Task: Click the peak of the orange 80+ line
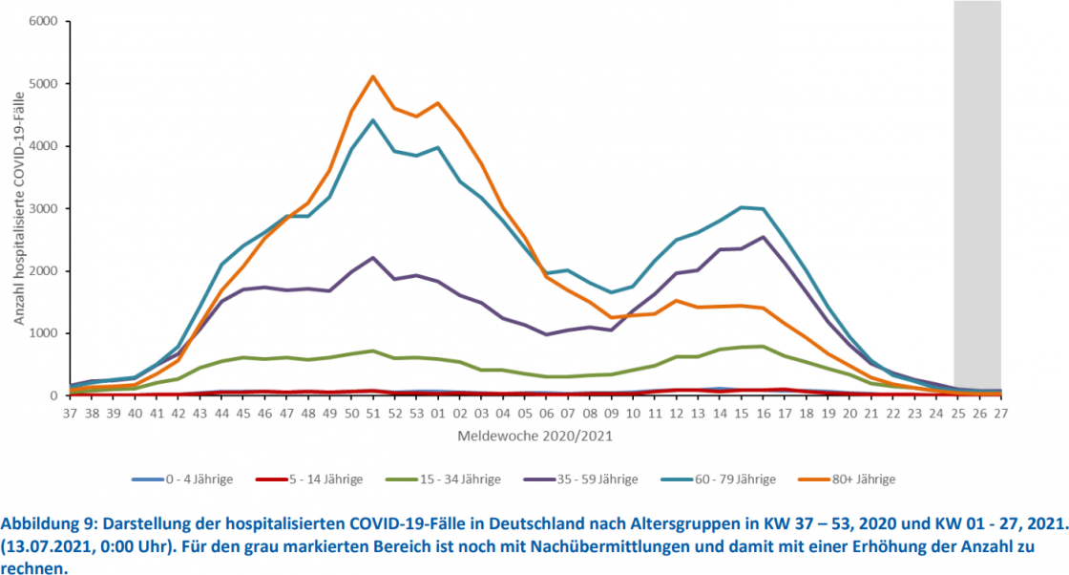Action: [x=373, y=76]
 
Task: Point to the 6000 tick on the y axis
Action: [x=45, y=21]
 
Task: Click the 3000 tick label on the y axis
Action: [x=45, y=208]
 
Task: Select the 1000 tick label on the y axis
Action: [x=45, y=333]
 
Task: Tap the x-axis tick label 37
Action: [x=70, y=414]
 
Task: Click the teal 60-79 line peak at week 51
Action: [x=373, y=120]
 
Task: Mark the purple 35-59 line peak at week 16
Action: [x=762, y=237]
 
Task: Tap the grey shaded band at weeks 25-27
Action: [x=977, y=191]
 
